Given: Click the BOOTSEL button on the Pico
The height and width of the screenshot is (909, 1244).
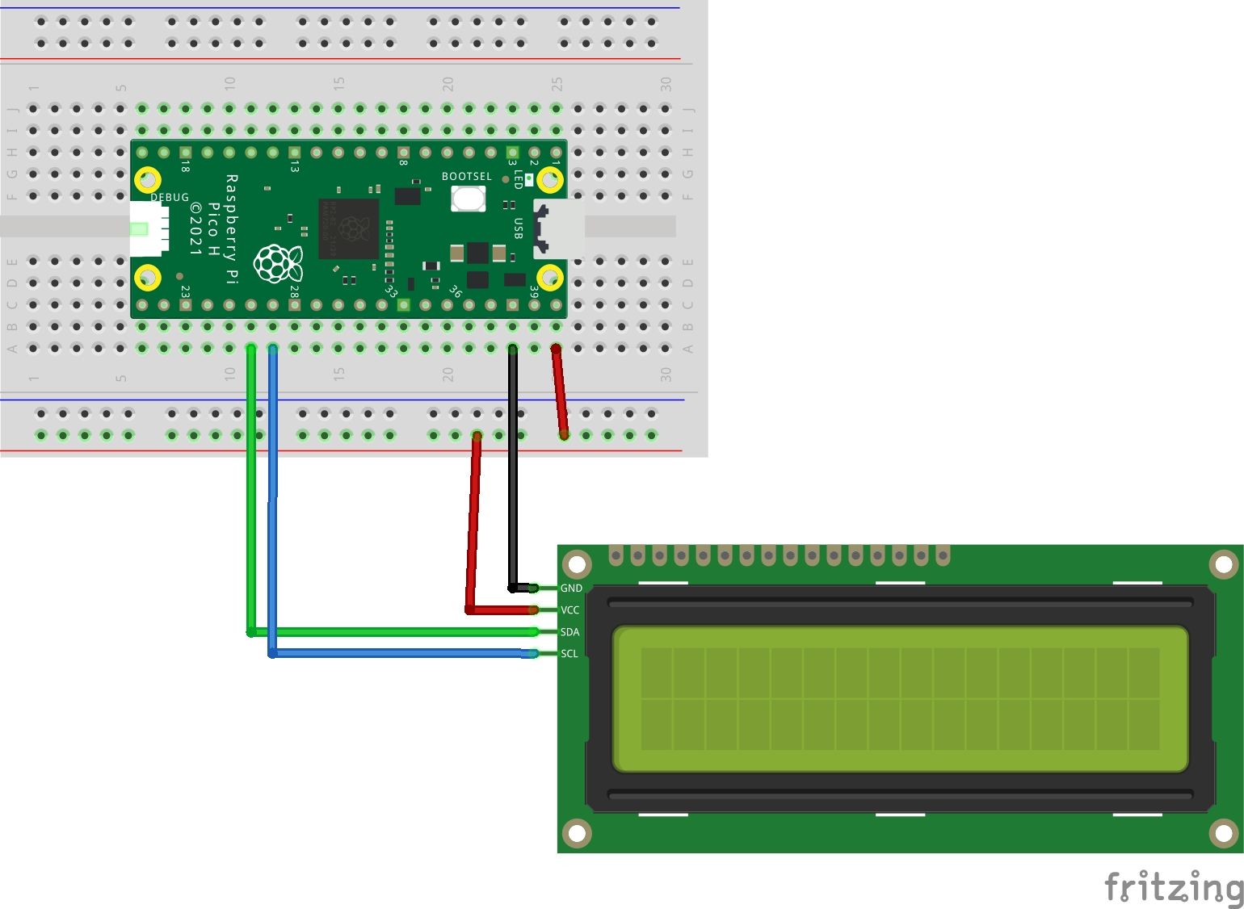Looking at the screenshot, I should coord(468,198).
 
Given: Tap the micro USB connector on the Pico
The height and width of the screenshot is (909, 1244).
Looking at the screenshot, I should coord(560,228).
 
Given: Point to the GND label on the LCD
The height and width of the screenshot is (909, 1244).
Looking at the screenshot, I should coord(571,589).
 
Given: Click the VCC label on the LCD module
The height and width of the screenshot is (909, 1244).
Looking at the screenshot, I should coord(570,610).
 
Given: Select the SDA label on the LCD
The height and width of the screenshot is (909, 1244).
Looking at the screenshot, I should coord(570,632).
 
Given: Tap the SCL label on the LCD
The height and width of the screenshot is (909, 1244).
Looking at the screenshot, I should coord(569,654).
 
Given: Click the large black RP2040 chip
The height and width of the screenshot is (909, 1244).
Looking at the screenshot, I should coord(349,228).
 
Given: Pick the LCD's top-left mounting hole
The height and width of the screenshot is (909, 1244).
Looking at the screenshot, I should coord(577,563).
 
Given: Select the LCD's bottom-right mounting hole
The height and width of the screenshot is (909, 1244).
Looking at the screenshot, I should coord(1223,833).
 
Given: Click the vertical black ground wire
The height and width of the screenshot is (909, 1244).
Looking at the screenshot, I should coord(512,468).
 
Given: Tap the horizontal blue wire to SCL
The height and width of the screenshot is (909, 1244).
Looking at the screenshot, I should coord(404,653).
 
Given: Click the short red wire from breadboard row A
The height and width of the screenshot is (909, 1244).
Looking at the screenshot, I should coord(560,392).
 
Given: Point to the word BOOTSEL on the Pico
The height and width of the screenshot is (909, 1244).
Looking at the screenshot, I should coord(466,176).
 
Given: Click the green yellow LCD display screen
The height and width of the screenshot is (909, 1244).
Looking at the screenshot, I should coord(900,699).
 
